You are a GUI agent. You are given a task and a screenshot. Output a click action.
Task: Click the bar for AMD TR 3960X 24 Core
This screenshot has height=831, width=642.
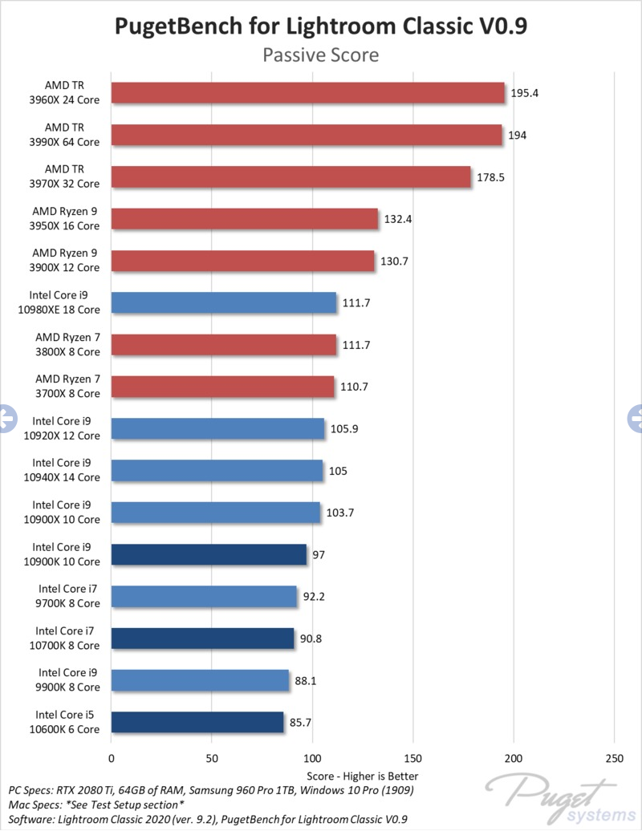[308, 93]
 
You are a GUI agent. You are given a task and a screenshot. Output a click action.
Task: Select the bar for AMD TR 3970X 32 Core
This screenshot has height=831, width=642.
[291, 176]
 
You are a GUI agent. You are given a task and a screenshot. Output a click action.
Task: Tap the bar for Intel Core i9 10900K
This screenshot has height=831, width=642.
[209, 554]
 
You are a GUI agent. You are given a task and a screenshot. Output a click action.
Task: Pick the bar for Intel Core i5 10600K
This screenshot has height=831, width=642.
[197, 722]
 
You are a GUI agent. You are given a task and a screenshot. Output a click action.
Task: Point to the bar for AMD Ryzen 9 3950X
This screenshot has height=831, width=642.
[244, 219]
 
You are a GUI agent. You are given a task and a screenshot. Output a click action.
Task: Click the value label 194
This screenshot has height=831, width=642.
[518, 135]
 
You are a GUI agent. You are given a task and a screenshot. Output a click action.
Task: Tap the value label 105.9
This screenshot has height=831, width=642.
[344, 428]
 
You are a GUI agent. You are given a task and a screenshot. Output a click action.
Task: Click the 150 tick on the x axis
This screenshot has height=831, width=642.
[413, 758]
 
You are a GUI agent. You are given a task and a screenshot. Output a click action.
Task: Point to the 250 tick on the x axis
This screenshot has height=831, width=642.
[614, 758]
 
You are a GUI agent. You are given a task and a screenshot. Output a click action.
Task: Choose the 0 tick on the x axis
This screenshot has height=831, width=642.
[112, 758]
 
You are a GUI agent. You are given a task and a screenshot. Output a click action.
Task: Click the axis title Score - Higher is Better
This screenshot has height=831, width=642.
[363, 776]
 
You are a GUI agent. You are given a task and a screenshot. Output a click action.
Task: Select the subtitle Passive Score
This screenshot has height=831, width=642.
[321, 55]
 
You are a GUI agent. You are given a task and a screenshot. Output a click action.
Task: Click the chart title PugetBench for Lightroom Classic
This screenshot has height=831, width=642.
[321, 26]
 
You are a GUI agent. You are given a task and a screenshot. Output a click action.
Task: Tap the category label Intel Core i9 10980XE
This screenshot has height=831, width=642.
[65, 302]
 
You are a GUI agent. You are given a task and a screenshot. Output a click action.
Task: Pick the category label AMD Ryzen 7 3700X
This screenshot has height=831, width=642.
[67, 387]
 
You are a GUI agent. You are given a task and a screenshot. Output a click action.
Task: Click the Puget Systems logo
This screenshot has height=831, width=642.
[562, 797]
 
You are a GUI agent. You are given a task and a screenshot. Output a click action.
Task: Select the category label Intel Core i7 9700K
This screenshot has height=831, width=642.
[69, 596]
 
